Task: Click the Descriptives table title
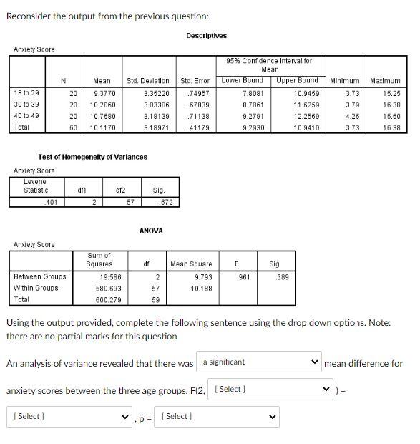(206, 35)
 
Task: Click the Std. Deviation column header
(148, 81)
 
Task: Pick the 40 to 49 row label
(27, 116)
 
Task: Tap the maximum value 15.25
(391, 93)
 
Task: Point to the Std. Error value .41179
(196, 127)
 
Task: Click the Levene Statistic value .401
(50, 202)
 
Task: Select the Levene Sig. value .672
(165, 202)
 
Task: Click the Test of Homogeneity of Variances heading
(92, 157)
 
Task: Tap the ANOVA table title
(151, 231)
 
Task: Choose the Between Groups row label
(40, 276)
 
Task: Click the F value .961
(244, 276)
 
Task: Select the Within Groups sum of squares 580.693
(109, 288)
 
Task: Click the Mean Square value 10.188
(201, 288)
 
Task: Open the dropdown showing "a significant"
(259, 362)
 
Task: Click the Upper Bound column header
(297, 81)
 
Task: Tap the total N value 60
(73, 127)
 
